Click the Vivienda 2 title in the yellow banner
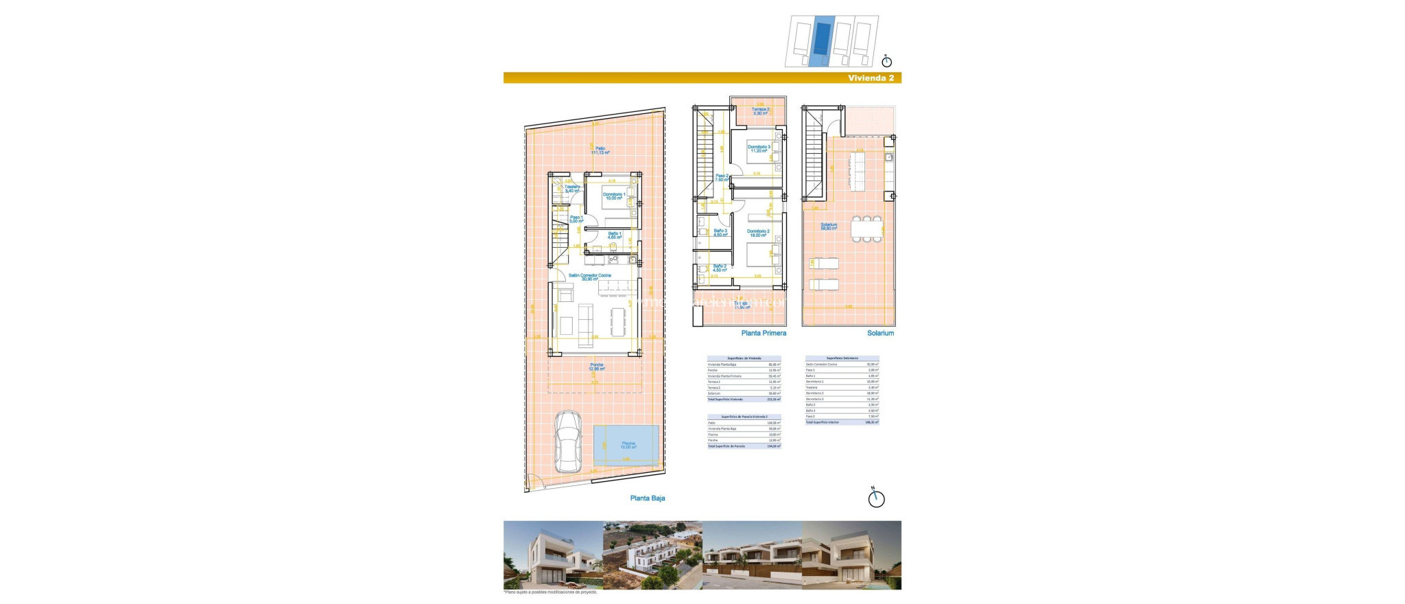pos(871,78)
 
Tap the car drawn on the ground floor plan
pos(568,441)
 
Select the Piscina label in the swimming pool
pos(628,445)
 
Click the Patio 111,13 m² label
pos(600,150)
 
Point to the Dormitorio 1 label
pos(614,196)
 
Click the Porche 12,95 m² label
pos(596,367)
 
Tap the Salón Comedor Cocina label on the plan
pos(589,277)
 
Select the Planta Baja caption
pos(647,498)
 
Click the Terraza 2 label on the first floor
pos(760,111)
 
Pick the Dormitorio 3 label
pos(759,149)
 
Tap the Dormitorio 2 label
pos(758,233)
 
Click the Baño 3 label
pos(720,233)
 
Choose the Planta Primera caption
pos(764,334)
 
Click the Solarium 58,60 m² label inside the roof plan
pos(829,226)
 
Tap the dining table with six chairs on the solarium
pos(866,229)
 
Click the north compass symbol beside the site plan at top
pos(886,60)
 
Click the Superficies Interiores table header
pos(842,358)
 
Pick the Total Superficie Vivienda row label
pos(725,399)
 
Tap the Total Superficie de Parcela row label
pos(726,446)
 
